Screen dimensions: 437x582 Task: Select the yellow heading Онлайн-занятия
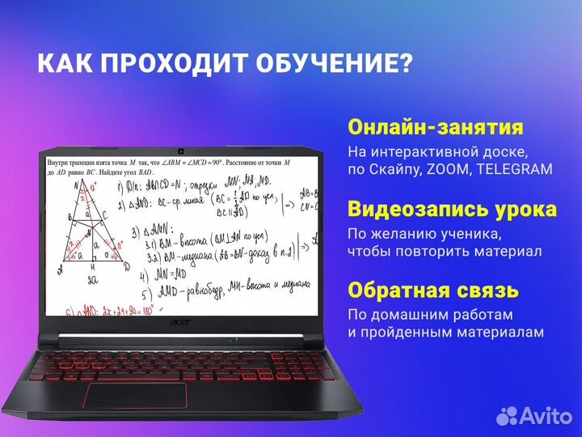click(435, 128)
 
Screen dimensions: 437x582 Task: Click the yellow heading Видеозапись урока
click(452, 210)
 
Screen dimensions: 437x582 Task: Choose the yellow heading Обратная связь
click(433, 291)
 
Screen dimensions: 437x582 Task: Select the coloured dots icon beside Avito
click(506, 415)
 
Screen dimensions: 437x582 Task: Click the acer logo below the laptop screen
click(184, 320)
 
